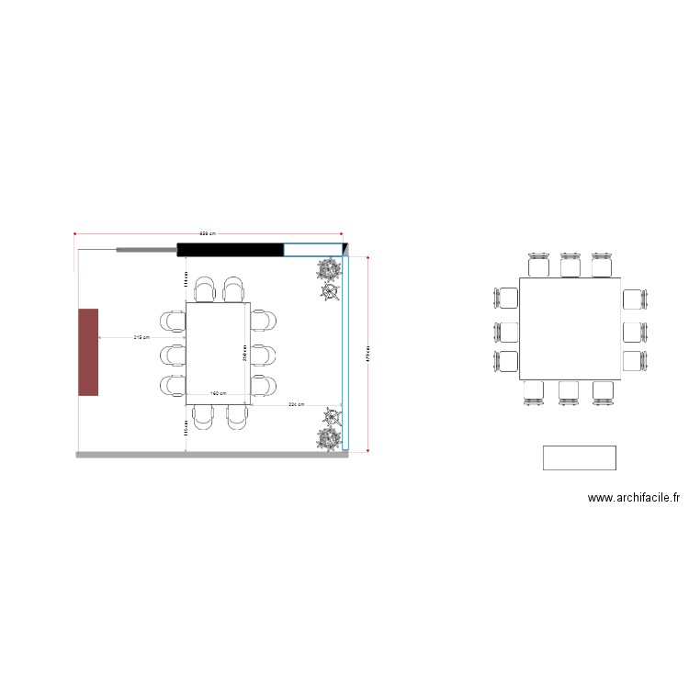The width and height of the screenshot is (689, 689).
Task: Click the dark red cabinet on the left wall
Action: pos(88,352)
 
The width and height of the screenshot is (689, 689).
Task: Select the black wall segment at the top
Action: pos(230,249)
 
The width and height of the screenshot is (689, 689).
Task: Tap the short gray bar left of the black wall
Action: pos(146,249)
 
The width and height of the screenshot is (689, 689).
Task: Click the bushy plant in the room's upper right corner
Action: pos(329,269)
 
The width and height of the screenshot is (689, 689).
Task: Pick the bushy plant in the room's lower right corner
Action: pos(328,439)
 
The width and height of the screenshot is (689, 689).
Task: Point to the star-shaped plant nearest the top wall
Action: pos(330,292)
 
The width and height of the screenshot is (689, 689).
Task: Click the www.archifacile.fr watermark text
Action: pos(634,498)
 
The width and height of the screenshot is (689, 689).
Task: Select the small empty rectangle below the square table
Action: pos(579,457)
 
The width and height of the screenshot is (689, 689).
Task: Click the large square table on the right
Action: pos(570,329)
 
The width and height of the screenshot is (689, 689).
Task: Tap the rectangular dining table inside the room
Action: pos(219,354)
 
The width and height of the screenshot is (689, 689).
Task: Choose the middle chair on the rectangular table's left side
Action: pos(173,354)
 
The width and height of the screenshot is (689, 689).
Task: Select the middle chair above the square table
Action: pos(570,265)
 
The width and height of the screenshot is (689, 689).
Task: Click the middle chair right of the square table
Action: pos(635,331)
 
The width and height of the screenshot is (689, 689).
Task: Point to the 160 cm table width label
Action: pos(219,393)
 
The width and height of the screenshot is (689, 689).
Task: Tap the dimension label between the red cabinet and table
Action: pos(141,337)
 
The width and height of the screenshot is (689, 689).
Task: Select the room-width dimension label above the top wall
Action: pos(209,233)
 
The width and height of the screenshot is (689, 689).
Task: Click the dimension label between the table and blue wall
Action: pos(296,404)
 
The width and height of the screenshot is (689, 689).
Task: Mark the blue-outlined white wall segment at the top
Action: pos(312,249)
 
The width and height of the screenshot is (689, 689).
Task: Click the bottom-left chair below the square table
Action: pos(536,392)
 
